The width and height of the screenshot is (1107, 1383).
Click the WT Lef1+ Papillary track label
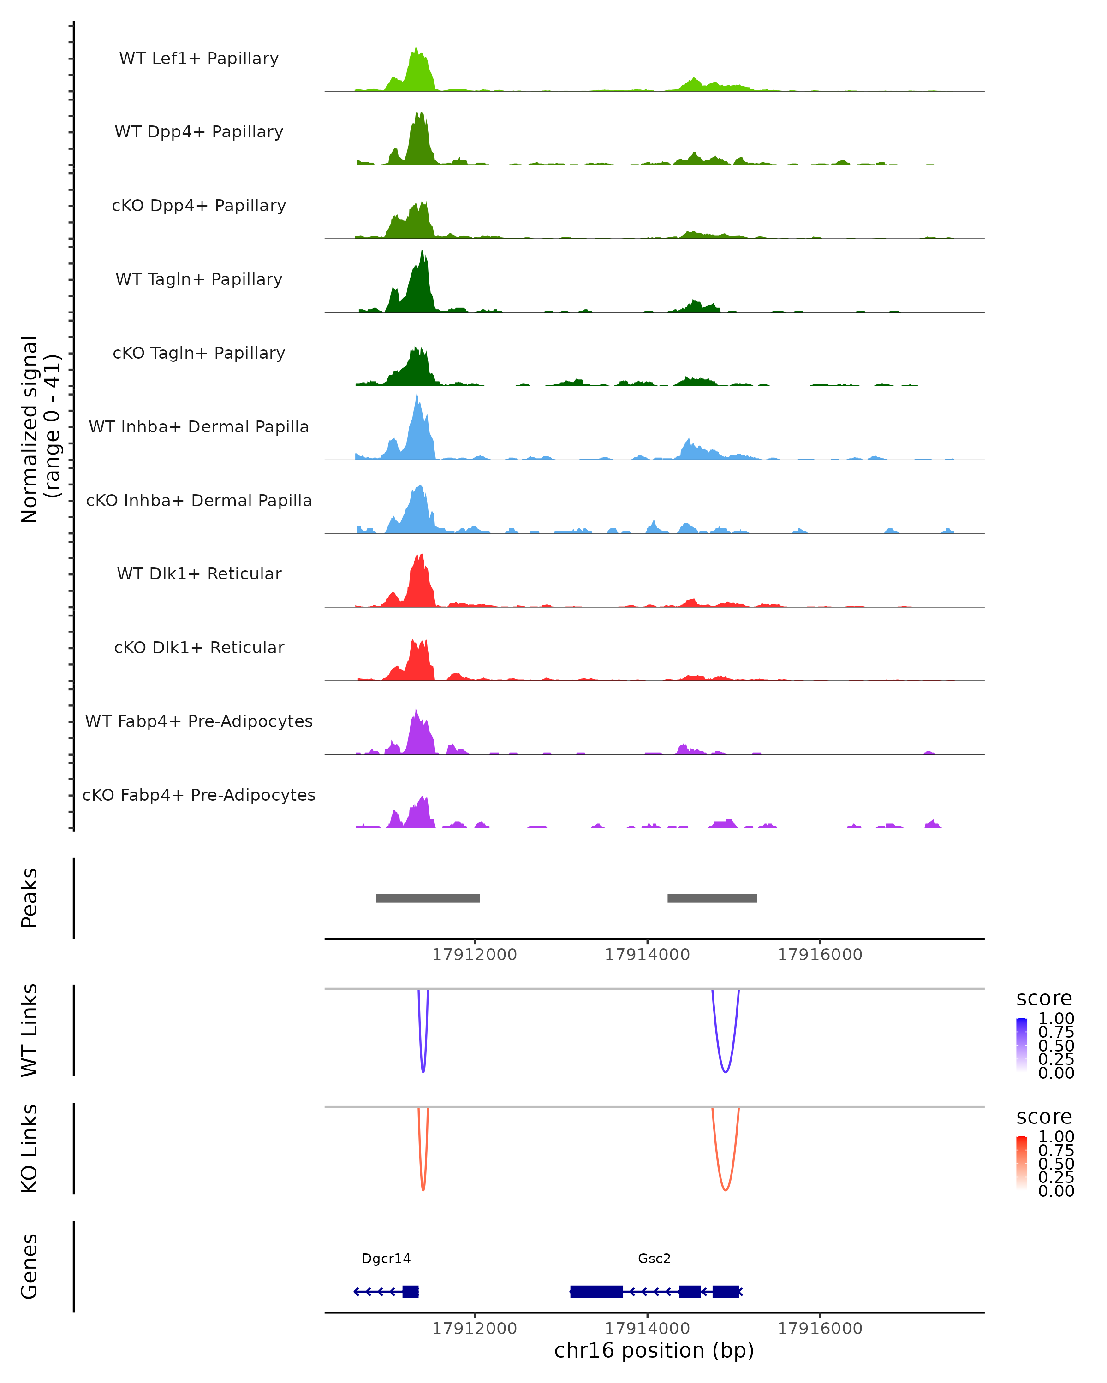click(199, 59)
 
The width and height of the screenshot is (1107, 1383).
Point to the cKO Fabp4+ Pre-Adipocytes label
click(199, 795)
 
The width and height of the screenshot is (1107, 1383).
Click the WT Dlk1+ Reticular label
click(199, 573)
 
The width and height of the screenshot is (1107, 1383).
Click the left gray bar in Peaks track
click(428, 898)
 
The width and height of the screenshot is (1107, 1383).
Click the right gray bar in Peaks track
click(712, 898)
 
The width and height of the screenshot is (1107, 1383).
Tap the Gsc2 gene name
click(654, 1259)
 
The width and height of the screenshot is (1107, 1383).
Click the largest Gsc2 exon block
click(596, 1291)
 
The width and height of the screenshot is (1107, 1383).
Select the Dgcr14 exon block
click(410, 1291)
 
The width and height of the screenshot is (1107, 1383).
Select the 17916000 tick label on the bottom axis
click(820, 1329)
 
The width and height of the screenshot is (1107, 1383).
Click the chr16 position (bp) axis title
click(654, 1351)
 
